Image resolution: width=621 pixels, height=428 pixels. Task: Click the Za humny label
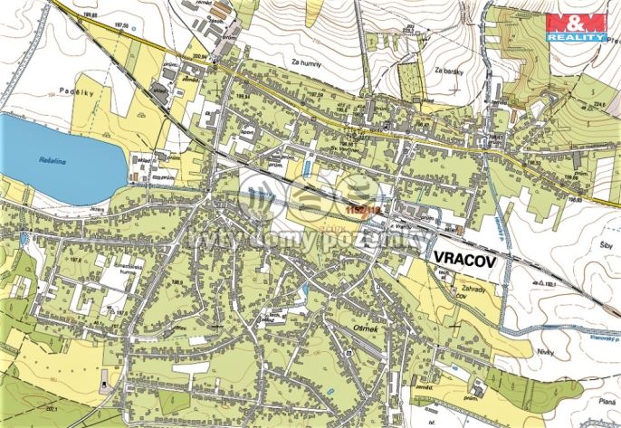307,62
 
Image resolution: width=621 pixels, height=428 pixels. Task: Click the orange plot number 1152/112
360,209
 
